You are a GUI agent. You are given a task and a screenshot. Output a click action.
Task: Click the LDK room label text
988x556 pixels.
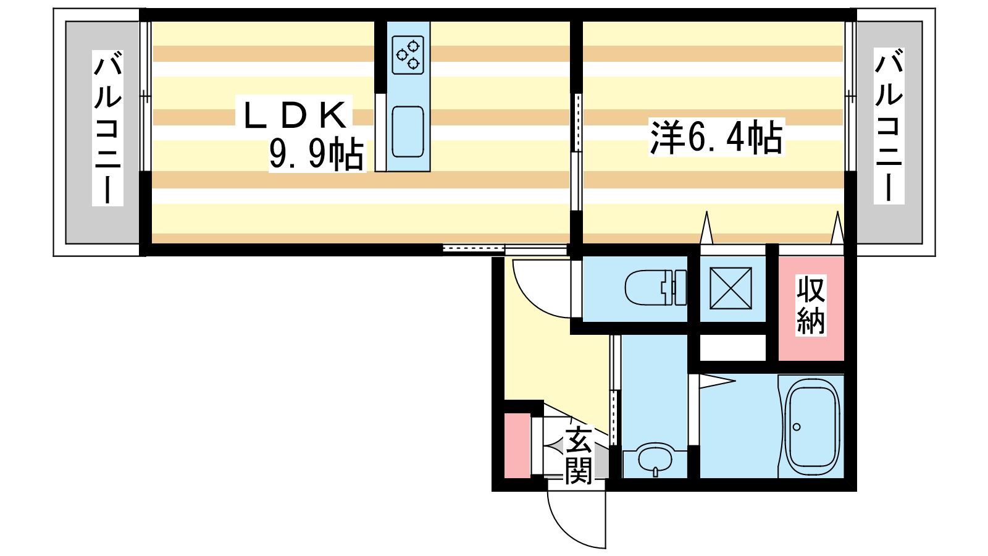tap(295, 116)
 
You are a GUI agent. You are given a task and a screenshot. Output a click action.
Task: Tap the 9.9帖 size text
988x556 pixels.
tap(316, 154)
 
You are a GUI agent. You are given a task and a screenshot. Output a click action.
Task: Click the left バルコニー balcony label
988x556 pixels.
tap(107, 128)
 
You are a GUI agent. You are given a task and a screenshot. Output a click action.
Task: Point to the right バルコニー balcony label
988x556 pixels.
tap(889, 128)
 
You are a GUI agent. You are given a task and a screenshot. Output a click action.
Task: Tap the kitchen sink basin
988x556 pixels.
tap(408, 131)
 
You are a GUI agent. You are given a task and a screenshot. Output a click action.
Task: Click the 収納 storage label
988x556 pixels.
tap(811, 306)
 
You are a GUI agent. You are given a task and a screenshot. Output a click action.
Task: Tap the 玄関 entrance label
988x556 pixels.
tap(579, 455)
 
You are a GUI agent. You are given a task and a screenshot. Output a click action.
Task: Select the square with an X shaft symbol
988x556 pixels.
tap(731, 288)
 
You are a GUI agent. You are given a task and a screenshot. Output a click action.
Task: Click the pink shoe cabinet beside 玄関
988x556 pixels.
tap(517, 445)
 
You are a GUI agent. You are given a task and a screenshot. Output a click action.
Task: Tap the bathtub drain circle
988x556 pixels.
tap(797, 427)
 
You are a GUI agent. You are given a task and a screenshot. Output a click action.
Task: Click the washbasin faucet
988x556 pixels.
tap(655, 473)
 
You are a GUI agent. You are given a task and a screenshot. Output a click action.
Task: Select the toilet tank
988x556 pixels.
tap(680, 288)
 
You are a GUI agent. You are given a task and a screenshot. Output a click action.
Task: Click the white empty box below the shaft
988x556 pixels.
tap(732, 348)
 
